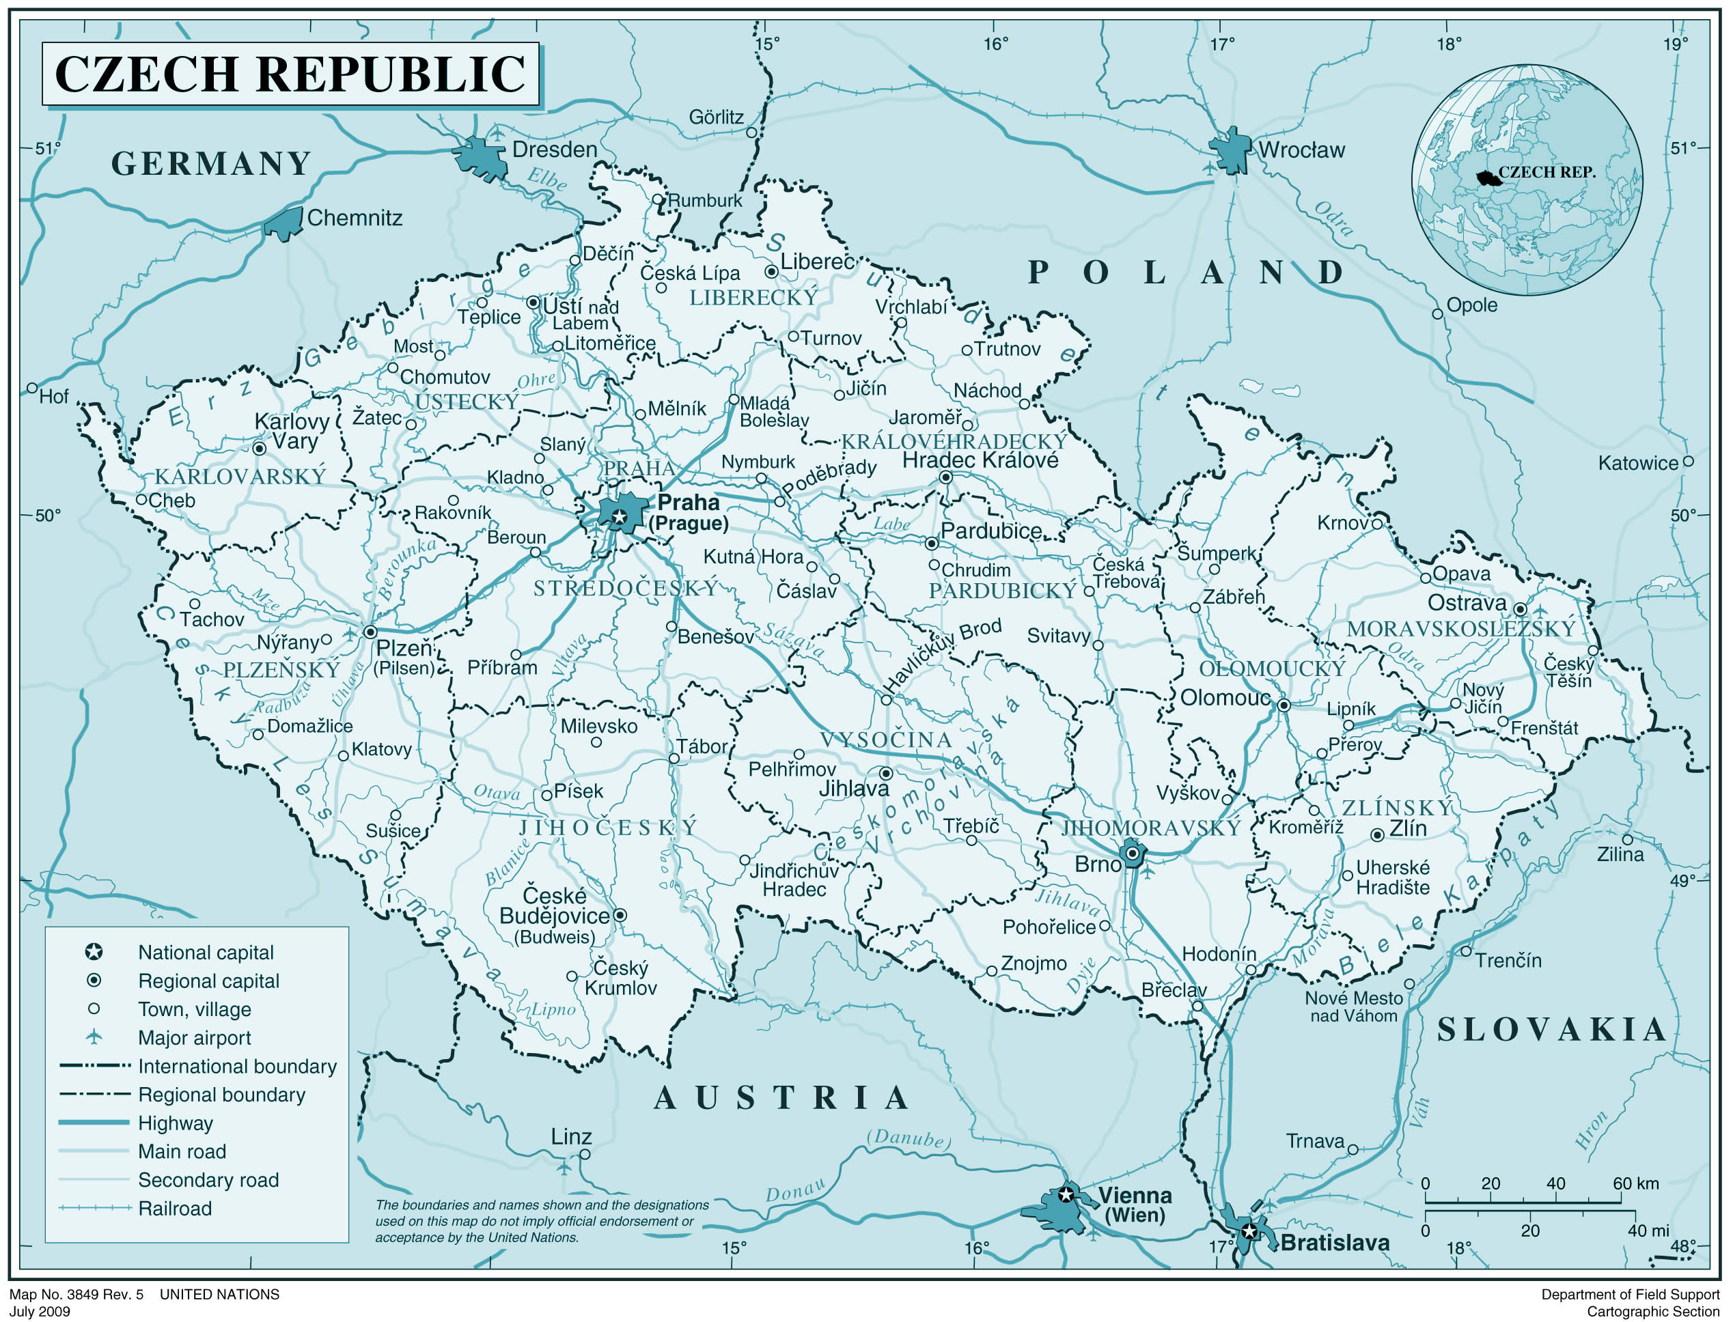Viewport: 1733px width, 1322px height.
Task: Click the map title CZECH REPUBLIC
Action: [x=290, y=73]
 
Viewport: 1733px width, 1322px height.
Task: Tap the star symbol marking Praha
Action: [x=620, y=516]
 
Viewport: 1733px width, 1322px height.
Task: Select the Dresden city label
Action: [x=554, y=150]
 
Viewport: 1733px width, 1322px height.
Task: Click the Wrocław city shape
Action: [x=1230, y=150]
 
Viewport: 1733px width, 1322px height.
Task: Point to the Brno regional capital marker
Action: [x=1132, y=853]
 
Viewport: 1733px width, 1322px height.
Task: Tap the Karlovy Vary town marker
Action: [x=259, y=449]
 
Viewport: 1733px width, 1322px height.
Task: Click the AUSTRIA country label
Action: [x=781, y=1098]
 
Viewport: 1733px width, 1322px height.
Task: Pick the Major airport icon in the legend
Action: [x=94, y=1037]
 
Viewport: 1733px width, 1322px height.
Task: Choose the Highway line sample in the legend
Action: [x=94, y=1122]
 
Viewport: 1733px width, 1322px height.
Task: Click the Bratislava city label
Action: [x=1335, y=1243]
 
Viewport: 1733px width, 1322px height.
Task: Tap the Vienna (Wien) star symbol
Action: [x=1066, y=1194]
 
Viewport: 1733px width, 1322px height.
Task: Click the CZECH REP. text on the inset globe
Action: [x=1547, y=172]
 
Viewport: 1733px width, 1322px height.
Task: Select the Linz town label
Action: [x=570, y=1136]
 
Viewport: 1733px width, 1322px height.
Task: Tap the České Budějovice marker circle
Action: [x=620, y=915]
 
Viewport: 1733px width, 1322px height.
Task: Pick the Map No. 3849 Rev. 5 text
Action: [x=77, y=1295]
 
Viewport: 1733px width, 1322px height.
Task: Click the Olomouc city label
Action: [x=1225, y=698]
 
